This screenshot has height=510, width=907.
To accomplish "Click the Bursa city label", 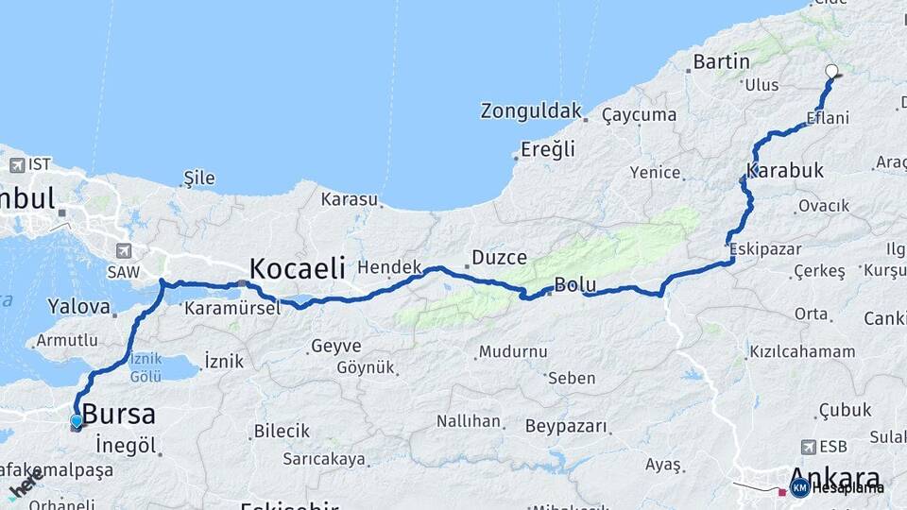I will (x=118, y=414).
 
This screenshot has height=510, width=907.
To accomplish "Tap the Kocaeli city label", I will (x=297, y=266).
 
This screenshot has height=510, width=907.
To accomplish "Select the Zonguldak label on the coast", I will (x=531, y=110).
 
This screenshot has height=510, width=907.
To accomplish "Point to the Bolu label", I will (x=573, y=284).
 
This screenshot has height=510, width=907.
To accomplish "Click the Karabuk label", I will (x=785, y=171).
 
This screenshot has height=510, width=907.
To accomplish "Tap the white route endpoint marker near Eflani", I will (x=831, y=71).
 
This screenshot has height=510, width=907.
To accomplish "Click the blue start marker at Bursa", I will (x=77, y=421).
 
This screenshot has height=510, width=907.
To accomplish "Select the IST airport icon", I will (x=17, y=165).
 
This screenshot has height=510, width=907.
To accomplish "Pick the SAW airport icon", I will (x=124, y=251).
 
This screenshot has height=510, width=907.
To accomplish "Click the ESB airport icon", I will (x=809, y=447).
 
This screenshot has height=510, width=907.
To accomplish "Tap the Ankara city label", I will (x=833, y=477).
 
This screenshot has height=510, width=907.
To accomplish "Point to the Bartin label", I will (x=721, y=61).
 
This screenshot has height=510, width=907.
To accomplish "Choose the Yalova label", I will (x=73, y=306).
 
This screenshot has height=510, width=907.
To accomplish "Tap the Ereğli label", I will (x=548, y=148).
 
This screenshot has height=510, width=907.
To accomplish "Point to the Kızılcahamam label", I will (x=802, y=352).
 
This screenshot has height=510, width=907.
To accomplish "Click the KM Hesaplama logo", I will (x=837, y=487).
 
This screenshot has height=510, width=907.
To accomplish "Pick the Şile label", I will (x=198, y=178).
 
